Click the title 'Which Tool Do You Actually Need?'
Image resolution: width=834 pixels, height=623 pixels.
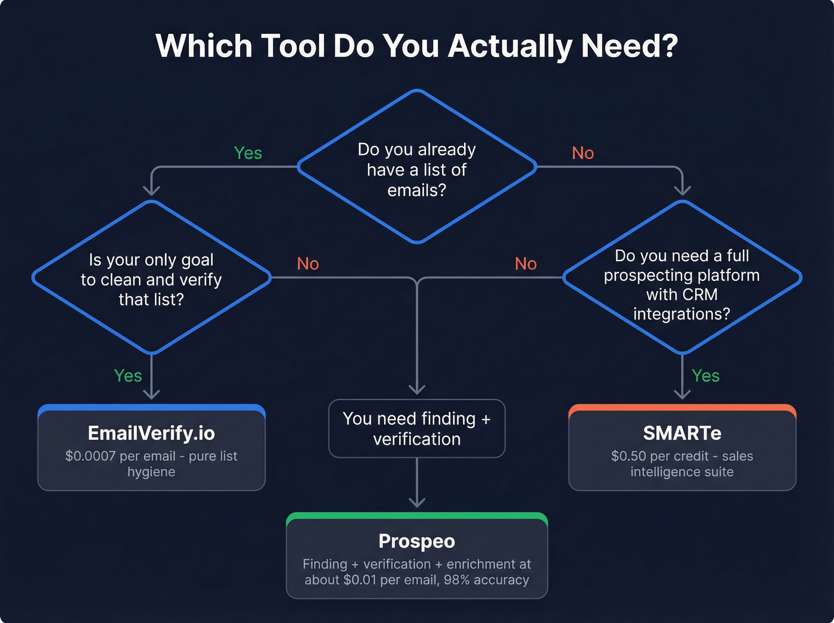point(416,46)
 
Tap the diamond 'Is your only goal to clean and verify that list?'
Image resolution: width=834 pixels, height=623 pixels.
point(151,279)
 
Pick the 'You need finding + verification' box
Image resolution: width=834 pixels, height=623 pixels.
point(416,429)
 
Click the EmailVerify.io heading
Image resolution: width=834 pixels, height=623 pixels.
point(151,433)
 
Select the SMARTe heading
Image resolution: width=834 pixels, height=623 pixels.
point(682,433)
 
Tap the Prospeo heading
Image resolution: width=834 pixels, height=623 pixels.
point(416,541)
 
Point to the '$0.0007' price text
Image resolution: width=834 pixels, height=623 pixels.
point(91,456)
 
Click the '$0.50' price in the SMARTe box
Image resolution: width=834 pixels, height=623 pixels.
point(628,456)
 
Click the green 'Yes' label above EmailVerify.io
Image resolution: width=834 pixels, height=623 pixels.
point(128,376)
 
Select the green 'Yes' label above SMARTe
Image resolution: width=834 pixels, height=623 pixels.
point(705,376)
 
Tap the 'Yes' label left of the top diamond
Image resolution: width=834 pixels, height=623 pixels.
point(248,153)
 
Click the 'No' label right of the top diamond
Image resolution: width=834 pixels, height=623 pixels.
point(583,153)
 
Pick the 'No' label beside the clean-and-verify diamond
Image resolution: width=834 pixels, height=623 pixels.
point(308,264)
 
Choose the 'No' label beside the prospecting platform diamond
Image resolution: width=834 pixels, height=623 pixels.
point(525,264)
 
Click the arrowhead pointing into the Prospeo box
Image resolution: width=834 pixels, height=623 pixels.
point(417,502)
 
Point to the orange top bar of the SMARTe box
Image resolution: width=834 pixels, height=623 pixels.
point(682,408)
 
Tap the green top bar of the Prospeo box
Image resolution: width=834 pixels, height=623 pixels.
point(416,516)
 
